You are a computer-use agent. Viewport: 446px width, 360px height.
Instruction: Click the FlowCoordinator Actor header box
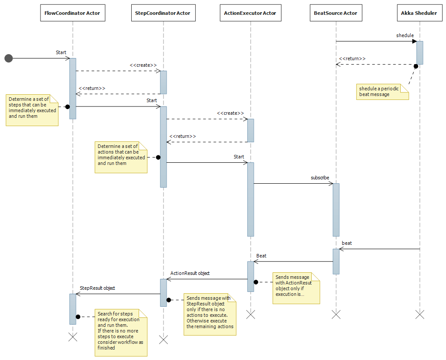[72, 13]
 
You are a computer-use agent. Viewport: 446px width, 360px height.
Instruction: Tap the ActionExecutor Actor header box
[250, 13]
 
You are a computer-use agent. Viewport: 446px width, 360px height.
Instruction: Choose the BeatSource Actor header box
[335, 13]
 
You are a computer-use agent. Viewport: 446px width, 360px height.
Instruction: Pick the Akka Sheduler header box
[419, 13]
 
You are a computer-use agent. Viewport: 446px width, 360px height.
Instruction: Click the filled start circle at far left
[9, 58]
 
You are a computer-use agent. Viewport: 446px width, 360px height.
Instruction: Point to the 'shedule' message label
[405, 35]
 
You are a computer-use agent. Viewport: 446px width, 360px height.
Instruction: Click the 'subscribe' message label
[320, 178]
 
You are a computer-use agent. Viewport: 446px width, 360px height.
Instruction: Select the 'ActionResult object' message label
[190, 273]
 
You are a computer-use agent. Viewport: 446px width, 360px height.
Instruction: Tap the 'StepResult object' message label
[97, 288]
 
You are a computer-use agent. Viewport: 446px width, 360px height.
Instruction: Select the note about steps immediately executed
[32, 110]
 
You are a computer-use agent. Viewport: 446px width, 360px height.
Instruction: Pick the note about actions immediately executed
[121, 157]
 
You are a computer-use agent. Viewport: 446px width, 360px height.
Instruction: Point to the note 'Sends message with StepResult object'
[210, 314]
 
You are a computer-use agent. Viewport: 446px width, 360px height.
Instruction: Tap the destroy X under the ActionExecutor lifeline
[251, 314]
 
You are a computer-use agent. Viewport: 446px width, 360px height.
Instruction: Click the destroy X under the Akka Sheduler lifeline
[420, 314]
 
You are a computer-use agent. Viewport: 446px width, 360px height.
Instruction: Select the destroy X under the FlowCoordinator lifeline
[73, 336]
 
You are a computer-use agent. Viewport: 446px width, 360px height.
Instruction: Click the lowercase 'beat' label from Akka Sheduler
[347, 243]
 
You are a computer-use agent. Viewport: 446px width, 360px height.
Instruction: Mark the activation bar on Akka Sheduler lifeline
[419, 52]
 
